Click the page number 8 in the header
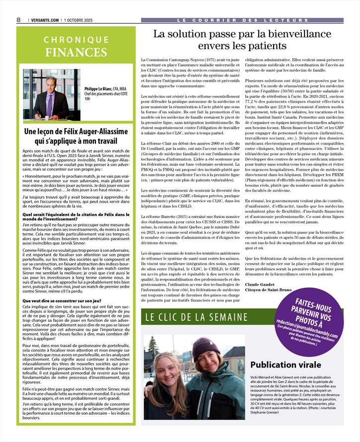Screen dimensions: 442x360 coord(18,19)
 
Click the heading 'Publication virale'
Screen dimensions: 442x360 coord(285,365)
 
